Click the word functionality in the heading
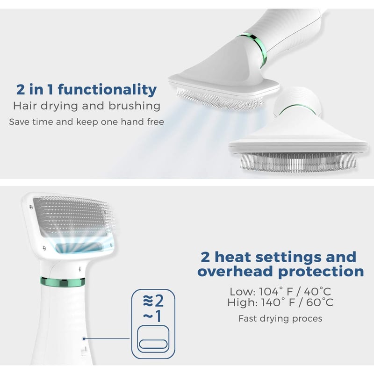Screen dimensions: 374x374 [107, 89]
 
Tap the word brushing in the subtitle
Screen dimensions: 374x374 [135, 106]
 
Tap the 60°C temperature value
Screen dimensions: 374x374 [320, 302]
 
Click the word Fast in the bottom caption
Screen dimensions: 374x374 [248, 318]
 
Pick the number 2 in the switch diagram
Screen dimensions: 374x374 [159, 301]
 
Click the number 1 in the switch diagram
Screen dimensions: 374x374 [158, 316]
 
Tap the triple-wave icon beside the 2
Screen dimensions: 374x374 [148, 301]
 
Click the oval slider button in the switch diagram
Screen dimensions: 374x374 [153, 344]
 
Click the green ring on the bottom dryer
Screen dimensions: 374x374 [63, 282]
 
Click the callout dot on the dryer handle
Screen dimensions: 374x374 [84, 338]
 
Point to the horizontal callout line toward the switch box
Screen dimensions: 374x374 [107, 338]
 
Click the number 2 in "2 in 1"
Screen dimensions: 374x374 [21, 90]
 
